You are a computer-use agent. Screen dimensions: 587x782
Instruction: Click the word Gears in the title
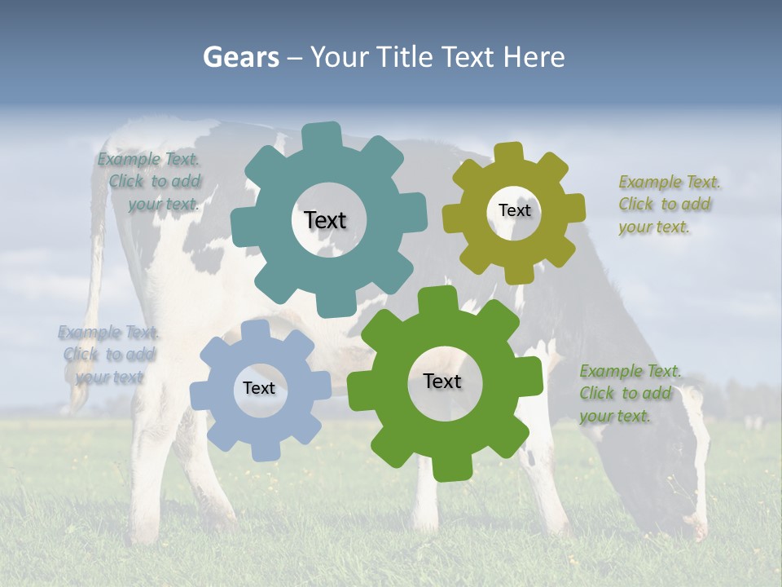240,57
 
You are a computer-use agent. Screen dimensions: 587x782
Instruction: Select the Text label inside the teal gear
325,220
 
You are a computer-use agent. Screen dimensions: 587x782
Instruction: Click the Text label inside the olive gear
514,210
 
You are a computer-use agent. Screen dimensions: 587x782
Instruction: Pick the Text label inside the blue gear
259,388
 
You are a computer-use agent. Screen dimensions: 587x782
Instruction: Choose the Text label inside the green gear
442,381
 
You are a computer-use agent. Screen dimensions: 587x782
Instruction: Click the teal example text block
151,182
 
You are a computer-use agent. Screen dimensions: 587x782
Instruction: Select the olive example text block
668,205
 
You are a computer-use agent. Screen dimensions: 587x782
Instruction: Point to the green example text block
629,394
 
